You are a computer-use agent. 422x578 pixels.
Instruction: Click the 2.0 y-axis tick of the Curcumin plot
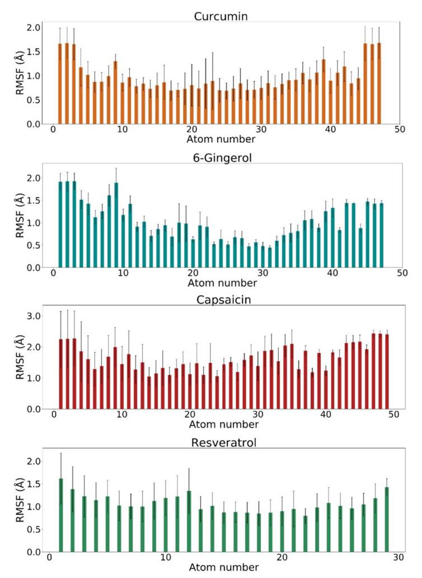34,27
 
